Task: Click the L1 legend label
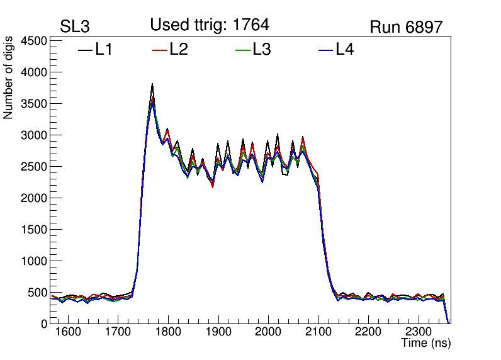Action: tap(104, 49)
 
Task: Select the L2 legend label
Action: tap(179, 49)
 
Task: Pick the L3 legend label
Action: tap(261, 49)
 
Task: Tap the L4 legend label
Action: tap(344, 49)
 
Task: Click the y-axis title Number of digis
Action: tap(9, 78)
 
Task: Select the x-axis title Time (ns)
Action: tap(426, 344)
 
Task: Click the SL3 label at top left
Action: tap(75, 27)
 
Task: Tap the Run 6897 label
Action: tap(406, 27)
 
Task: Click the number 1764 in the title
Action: tap(250, 25)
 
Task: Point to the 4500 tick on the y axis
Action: tap(35, 41)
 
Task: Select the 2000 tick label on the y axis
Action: tap(35, 198)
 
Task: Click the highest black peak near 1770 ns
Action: tap(152, 84)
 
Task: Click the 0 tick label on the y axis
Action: tap(44, 323)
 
